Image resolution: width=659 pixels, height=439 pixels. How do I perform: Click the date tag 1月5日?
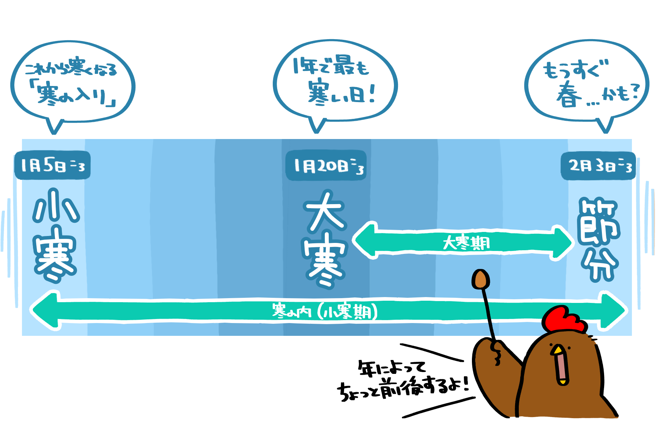pyautogui.click(x=52, y=165)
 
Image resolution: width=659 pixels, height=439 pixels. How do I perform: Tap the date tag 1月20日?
pyautogui.click(x=326, y=166)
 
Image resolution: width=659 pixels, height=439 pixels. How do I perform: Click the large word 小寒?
pyautogui.click(x=56, y=235)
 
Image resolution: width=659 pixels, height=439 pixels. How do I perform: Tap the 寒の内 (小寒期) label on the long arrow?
pyautogui.click(x=325, y=312)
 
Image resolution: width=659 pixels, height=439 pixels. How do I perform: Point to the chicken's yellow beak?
pyautogui.click(x=558, y=350)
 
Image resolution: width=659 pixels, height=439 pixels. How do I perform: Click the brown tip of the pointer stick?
pyautogui.click(x=481, y=279)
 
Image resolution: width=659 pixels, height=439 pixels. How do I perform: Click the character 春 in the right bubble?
pyautogui.click(x=569, y=95)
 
